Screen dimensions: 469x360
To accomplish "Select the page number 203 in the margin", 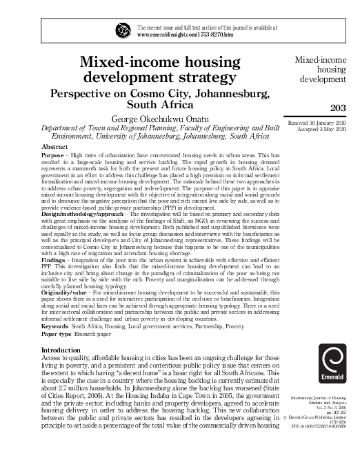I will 339,107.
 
